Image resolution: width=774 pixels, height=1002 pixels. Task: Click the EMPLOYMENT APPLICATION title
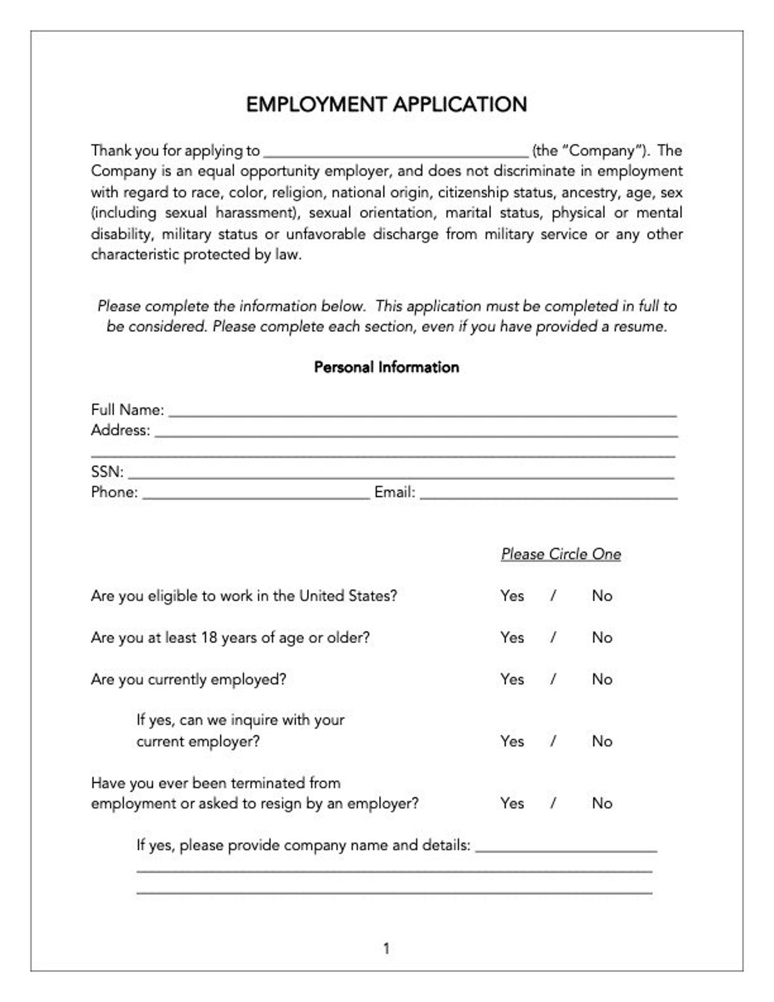click(387, 105)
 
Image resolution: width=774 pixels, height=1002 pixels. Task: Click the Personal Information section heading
click(387, 367)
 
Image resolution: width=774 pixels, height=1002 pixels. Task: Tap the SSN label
click(107, 472)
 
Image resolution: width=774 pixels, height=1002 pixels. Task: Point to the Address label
click(120, 431)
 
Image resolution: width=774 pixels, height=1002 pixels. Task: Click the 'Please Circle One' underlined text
click(561, 554)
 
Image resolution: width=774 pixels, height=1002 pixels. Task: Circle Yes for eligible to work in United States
click(512, 596)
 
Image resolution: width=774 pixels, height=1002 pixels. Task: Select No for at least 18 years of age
click(602, 638)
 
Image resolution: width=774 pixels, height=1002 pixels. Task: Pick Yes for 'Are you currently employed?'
click(512, 679)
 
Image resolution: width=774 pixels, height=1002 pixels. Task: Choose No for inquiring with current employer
click(602, 741)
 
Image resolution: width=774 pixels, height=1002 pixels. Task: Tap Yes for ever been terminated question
click(512, 803)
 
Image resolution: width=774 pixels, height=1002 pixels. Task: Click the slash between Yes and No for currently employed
click(553, 679)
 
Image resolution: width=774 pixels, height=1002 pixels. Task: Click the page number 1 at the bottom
click(387, 948)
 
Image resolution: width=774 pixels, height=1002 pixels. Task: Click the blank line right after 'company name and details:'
click(566, 846)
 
